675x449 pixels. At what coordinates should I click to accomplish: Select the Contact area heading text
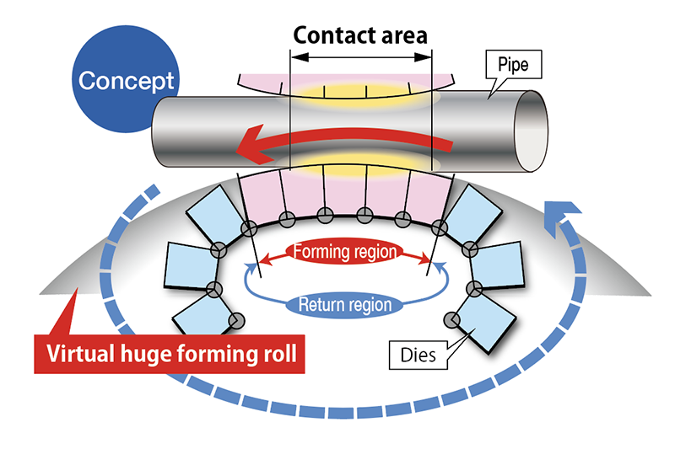[360, 35]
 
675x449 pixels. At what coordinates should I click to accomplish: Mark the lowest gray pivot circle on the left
[238, 320]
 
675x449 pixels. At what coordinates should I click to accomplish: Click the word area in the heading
[403, 35]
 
